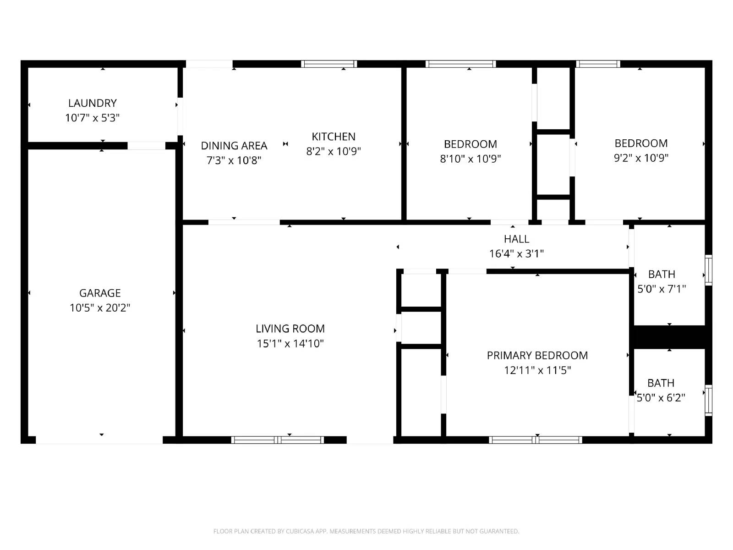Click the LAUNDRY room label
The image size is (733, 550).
click(x=93, y=103)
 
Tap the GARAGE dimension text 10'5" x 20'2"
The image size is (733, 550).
click(x=100, y=308)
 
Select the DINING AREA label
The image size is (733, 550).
click(x=234, y=146)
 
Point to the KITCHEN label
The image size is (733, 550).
click(x=334, y=137)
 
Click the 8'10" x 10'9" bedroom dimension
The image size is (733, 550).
click(x=470, y=159)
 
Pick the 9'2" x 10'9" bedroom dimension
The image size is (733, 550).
click(x=641, y=158)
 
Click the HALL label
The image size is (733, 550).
click(x=517, y=239)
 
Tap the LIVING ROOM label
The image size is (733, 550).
click(x=290, y=329)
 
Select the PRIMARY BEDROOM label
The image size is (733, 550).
click(x=537, y=355)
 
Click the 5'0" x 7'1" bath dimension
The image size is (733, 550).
click(x=662, y=289)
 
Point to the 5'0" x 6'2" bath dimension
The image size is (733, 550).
click(x=661, y=397)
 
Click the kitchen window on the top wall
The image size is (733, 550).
click(x=329, y=64)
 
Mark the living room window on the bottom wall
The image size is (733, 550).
click(x=278, y=440)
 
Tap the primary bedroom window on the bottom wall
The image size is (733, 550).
click(x=536, y=440)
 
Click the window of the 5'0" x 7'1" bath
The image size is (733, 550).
click(x=708, y=270)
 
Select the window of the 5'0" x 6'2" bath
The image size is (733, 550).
click(x=708, y=401)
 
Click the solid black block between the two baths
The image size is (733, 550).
click(x=669, y=337)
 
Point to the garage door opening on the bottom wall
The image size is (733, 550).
click(x=99, y=440)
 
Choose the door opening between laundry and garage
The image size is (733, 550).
click(x=146, y=146)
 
